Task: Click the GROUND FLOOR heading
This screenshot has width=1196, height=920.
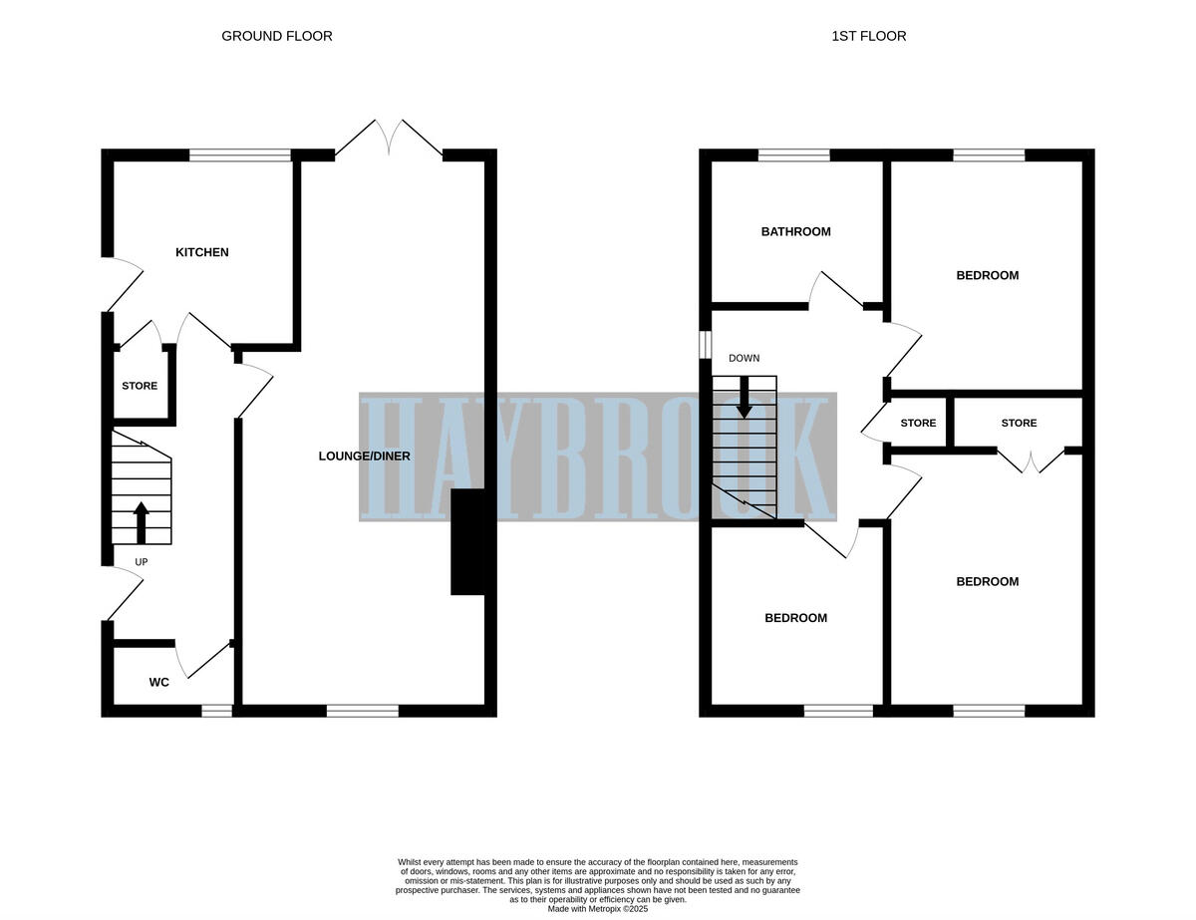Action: click(x=276, y=36)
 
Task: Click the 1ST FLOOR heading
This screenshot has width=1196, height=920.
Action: click(x=869, y=36)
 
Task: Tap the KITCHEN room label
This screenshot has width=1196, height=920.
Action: click(x=202, y=252)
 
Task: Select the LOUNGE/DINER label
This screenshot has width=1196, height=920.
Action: click(x=364, y=457)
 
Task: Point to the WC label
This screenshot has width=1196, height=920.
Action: click(x=158, y=683)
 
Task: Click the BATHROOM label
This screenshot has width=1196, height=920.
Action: click(x=795, y=231)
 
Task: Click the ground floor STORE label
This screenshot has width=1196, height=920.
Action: click(x=140, y=386)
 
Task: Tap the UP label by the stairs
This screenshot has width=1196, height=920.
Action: click(x=142, y=562)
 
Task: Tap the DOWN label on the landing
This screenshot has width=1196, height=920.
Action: click(x=744, y=358)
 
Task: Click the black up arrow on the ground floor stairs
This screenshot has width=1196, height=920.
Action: click(x=141, y=521)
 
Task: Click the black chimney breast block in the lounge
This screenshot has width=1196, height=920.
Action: click(x=467, y=542)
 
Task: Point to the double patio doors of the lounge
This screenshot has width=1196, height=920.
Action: click(x=389, y=140)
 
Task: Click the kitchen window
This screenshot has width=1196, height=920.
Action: click(x=240, y=154)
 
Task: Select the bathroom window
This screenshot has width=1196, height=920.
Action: click(x=793, y=154)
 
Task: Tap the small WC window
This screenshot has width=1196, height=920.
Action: click(x=216, y=711)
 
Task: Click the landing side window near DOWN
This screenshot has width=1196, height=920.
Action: click(x=705, y=344)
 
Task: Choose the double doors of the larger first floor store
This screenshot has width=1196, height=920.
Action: click(x=1031, y=461)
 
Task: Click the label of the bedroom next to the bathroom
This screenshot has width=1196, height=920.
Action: click(x=987, y=275)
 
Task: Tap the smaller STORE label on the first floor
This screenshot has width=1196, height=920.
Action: click(x=918, y=424)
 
